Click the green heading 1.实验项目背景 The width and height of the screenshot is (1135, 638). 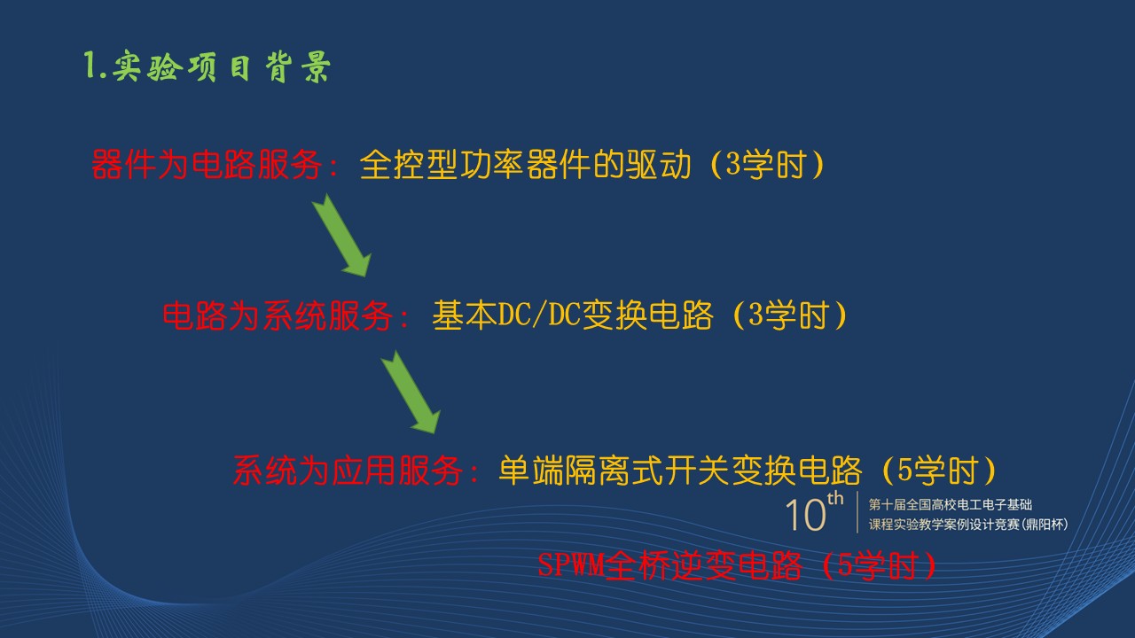coord(207,66)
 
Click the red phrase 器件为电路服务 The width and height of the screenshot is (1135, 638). coord(207,165)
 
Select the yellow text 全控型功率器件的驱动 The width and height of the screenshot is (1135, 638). coord(526,165)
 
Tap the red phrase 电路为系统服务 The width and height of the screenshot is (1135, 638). coord(278,315)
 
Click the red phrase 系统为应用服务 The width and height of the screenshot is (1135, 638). coord(348,471)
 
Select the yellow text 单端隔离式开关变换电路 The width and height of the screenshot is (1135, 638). coord(680,471)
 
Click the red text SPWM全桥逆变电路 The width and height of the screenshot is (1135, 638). coord(669,565)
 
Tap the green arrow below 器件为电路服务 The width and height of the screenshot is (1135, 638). coord(342,236)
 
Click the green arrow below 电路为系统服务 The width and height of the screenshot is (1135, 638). coord(411,393)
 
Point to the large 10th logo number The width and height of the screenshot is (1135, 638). coord(814,512)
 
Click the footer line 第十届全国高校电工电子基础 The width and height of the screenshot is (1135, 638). coord(951,504)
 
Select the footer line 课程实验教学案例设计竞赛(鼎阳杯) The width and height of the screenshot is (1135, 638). coord(968,525)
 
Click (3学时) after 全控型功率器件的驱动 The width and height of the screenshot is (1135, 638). coord(767,165)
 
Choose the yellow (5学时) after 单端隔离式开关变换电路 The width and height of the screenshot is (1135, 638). coord(939,471)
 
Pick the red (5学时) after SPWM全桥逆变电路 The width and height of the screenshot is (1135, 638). coord(879,565)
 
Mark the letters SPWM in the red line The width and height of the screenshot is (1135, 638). coord(570,564)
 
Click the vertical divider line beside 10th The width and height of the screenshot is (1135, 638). coord(857,512)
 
